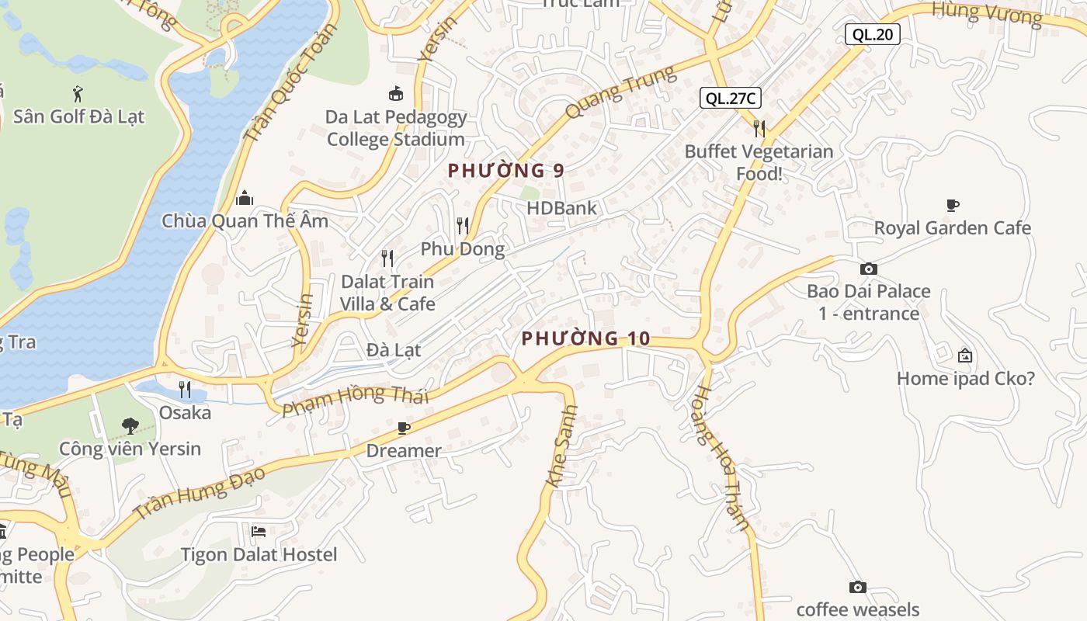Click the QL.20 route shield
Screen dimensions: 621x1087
(x=873, y=34)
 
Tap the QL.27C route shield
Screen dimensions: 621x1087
(x=730, y=98)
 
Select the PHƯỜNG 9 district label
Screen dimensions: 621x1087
(x=505, y=171)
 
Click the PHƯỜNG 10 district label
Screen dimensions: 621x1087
(x=585, y=338)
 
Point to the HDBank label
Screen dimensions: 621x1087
(x=561, y=208)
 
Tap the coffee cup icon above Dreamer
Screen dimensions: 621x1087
(x=403, y=428)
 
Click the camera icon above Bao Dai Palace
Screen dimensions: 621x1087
(x=868, y=269)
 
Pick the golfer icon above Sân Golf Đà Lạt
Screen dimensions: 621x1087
(x=78, y=95)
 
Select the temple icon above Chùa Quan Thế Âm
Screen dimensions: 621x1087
(x=245, y=199)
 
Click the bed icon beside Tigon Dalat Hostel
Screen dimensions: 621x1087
(x=259, y=532)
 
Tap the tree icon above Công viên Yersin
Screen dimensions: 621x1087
(x=130, y=425)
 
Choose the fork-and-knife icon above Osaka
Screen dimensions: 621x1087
(x=185, y=389)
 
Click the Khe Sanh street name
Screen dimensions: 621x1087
(x=563, y=447)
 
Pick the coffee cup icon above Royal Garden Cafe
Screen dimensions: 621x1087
(x=953, y=206)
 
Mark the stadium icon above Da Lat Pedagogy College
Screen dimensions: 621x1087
(x=396, y=94)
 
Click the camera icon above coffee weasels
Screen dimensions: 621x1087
(x=857, y=587)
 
